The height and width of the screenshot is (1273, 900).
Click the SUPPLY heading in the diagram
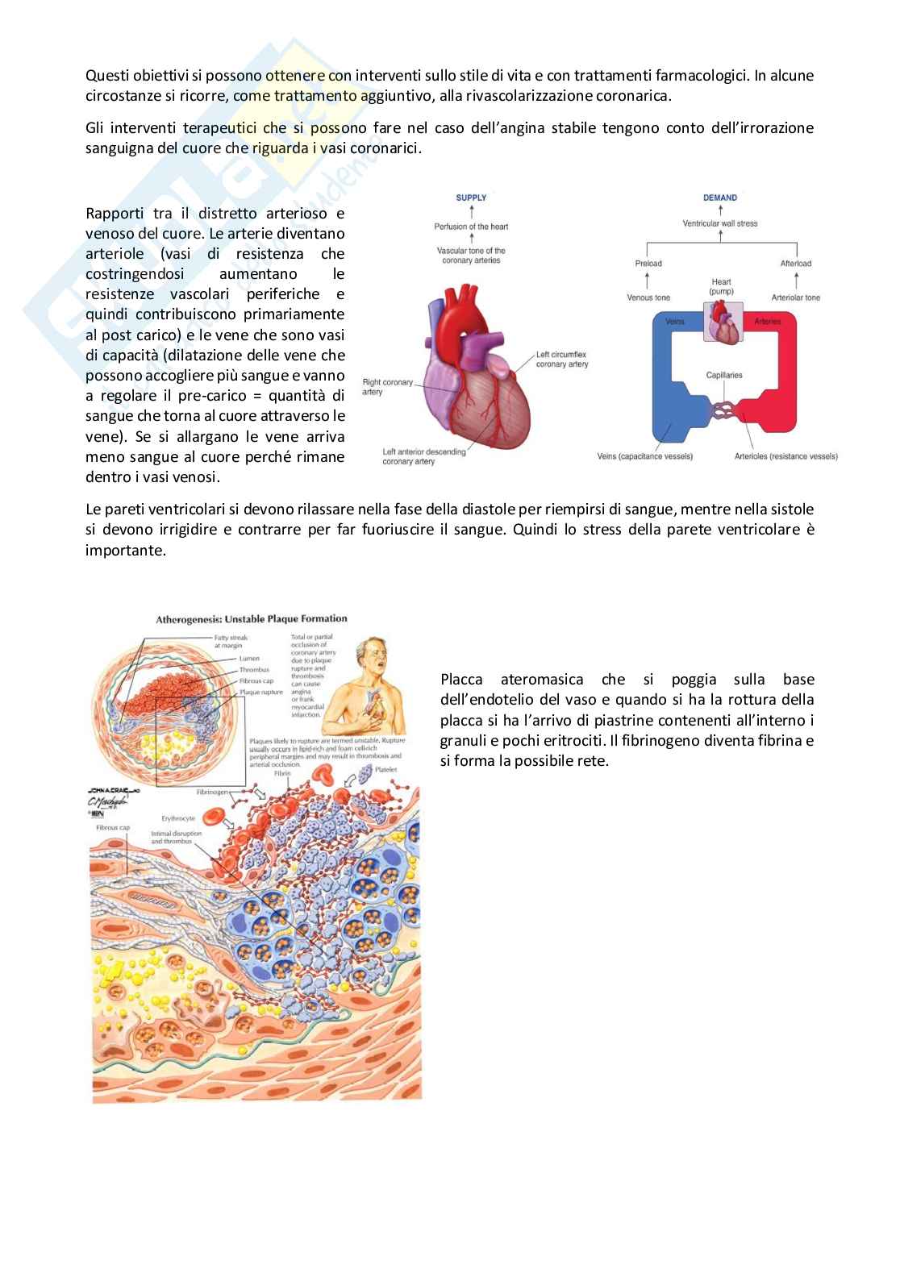[x=471, y=198]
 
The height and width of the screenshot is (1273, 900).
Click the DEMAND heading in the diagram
[x=719, y=198]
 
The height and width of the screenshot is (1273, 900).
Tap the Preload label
[x=648, y=264]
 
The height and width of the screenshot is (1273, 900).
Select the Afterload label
[x=795, y=264]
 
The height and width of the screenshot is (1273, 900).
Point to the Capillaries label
[x=723, y=375]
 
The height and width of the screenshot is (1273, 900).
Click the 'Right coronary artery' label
[x=388, y=387]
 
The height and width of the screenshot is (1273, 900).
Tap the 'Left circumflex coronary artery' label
[x=562, y=360]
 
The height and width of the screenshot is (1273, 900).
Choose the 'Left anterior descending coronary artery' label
[x=424, y=456]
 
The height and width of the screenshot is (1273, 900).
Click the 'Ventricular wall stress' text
[x=719, y=223]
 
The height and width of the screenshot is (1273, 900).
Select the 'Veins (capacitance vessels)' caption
[x=644, y=456]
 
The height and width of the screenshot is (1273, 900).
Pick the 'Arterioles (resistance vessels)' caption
[x=785, y=456]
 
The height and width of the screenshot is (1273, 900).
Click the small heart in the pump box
[x=723, y=323]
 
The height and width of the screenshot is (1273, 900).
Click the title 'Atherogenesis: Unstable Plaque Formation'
[x=251, y=619]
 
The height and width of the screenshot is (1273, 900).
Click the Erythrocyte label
[x=178, y=818]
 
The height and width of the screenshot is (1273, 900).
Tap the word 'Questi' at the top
[x=107, y=76]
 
